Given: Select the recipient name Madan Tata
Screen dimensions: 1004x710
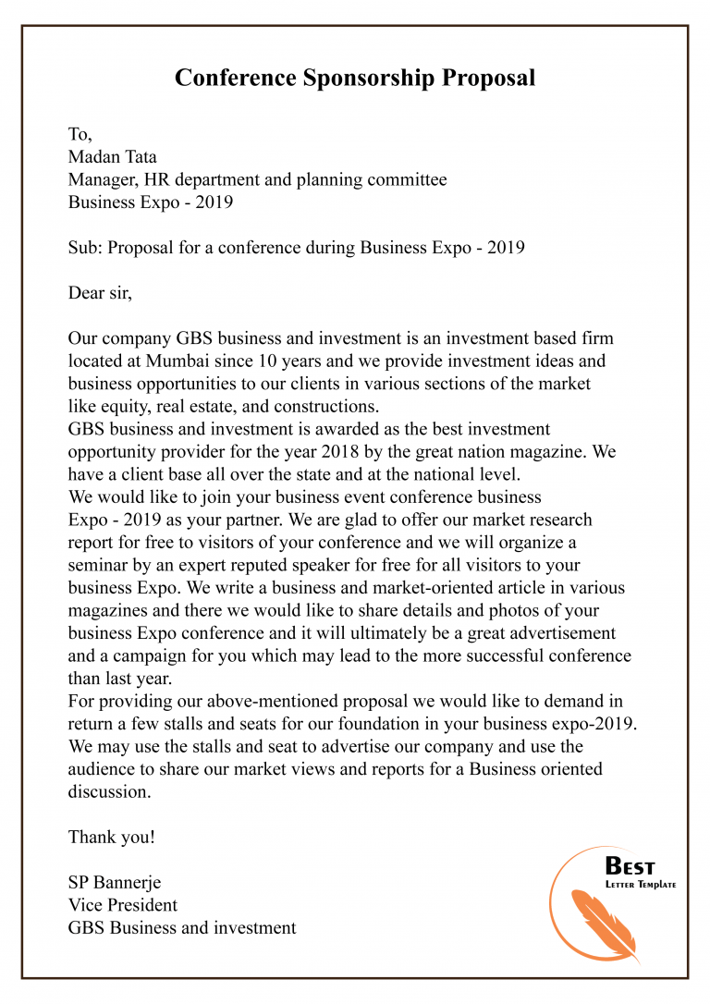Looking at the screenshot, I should (x=112, y=157).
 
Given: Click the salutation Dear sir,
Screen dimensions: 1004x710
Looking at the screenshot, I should (x=101, y=293).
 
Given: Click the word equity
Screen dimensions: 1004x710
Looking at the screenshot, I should (x=124, y=406).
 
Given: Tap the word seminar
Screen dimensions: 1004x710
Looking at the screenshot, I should (x=99, y=565).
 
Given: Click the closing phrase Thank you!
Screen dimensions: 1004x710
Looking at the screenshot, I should (x=112, y=837).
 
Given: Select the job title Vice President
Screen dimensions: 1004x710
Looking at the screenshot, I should (x=123, y=904).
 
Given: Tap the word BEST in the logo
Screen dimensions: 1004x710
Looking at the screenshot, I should (x=630, y=867).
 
